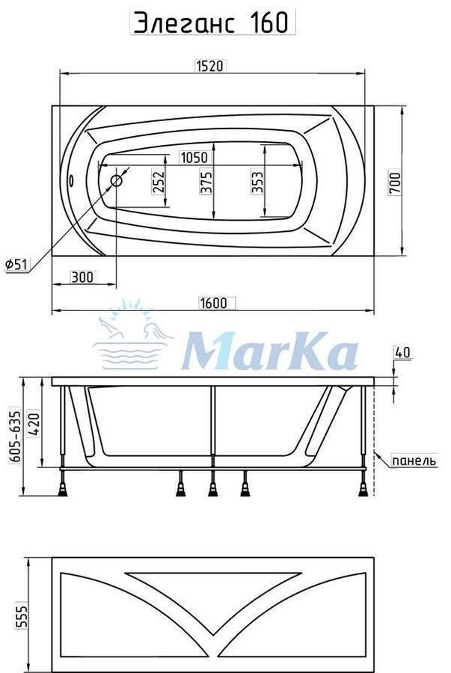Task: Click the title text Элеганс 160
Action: (211, 22)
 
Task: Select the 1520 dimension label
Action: (209, 66)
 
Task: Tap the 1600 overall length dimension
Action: (213, 303)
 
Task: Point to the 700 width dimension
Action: (395, 183)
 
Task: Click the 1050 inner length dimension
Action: (194, 158)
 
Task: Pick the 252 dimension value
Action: (159, 182)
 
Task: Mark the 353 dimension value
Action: (257, 182)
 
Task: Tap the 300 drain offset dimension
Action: (82, 277)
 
